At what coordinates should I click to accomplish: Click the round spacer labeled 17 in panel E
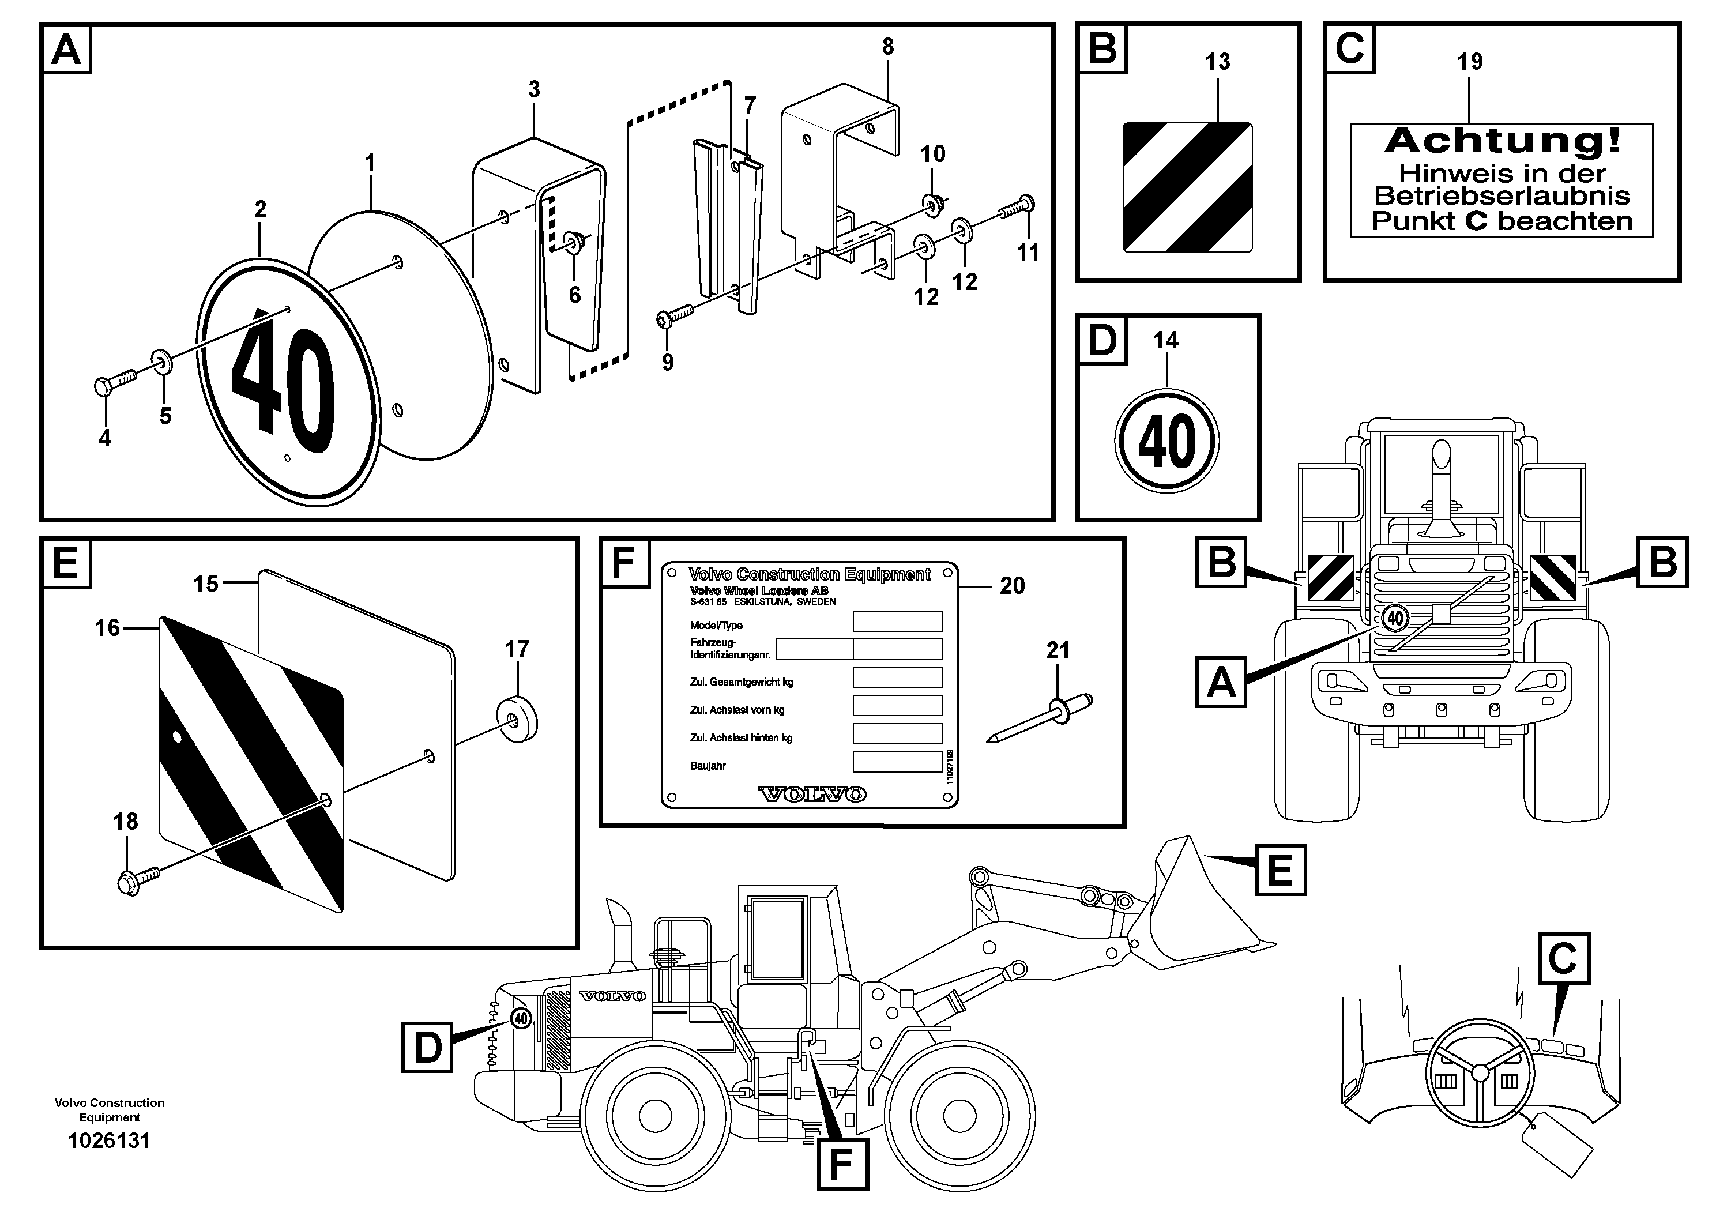tap(518, 720)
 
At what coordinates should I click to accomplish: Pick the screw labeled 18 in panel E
tap(138, 879)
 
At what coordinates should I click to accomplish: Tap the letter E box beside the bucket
tap(1280, 870)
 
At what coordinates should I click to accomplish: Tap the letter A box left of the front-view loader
tap(1221, 682)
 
